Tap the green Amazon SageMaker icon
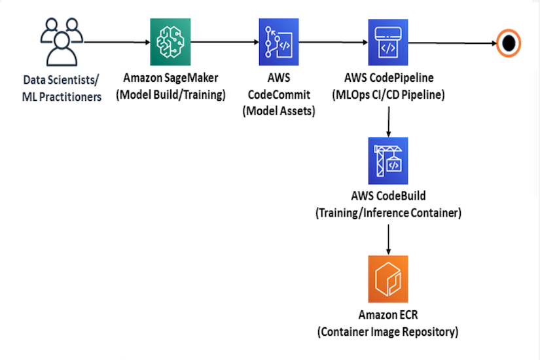(x=170, y=41)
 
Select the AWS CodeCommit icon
(x=278, y=41)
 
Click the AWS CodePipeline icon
(x=389, y=41)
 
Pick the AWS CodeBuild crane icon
(x=389, y=161)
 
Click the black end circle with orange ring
(x=508, y=43)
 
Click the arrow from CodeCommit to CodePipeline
(x=334, y=41)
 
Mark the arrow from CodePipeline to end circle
(x=452, y=43)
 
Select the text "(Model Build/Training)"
(x=171, y=95)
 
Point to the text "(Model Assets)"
(x=279, y=111)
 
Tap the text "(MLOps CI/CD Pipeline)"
(x=389, y=95)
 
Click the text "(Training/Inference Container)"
(x=389, y=213)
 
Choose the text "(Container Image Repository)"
(x=388, y=332)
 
